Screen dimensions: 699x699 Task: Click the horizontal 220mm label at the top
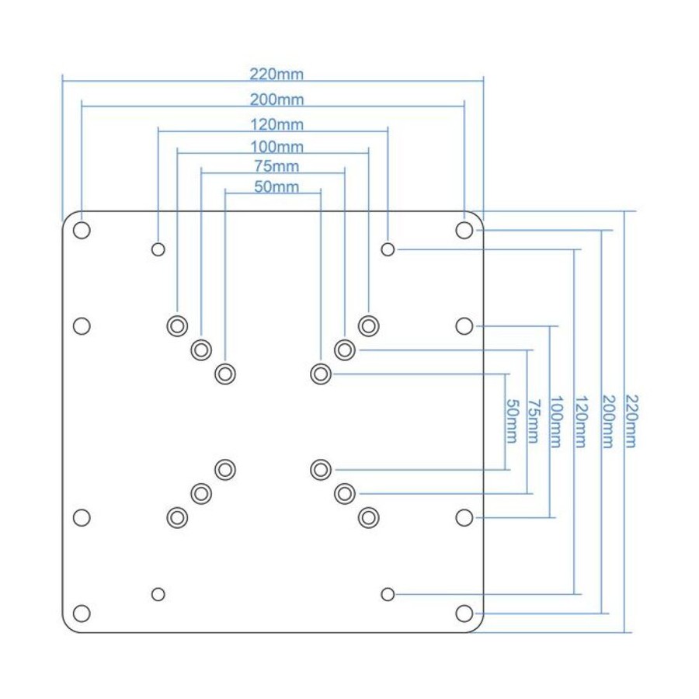coord(276,74)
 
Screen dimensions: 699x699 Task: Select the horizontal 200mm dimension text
coord(276,99)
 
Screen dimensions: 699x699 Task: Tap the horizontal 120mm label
coord(276,124)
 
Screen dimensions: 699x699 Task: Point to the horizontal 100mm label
coord(276,147)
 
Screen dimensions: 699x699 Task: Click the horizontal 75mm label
coord(276,166)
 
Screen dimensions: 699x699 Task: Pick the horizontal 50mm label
coord(276,186)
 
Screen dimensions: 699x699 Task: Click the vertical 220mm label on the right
coord(631,421)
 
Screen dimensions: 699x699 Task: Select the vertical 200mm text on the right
coord(608,421)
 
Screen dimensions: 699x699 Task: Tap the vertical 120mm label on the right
coord(581,421)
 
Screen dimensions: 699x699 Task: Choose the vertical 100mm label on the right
coord(556,421)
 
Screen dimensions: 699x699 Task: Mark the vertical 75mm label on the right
coord(534,421)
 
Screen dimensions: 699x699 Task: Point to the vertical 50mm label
coord(512,421)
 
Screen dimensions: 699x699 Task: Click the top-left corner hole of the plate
coord(82,231)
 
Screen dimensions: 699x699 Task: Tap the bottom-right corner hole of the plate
coord(464,613)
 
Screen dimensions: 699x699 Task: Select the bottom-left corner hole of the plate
coord(82,613)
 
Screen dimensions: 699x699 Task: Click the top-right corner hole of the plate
coord(464,231)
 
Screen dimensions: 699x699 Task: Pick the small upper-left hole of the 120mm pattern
coord(158,249)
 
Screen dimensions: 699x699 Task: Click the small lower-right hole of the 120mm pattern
coord(388,594)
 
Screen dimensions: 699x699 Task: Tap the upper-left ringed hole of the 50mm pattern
coord(225,374)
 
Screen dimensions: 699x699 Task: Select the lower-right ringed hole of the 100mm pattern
coord(369,517)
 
